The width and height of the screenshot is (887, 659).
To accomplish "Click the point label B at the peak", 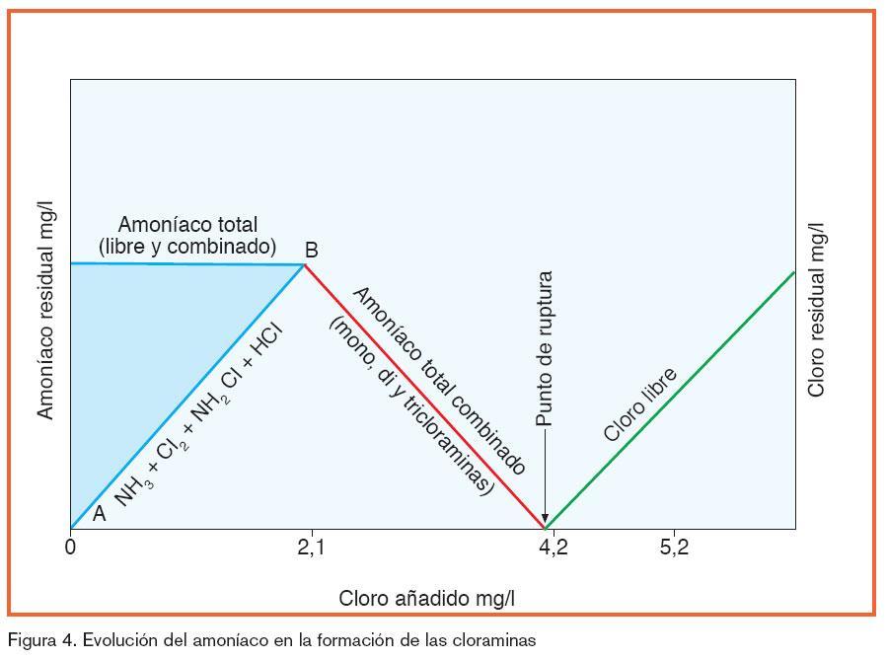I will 311,251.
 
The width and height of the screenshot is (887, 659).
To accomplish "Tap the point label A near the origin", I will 99,513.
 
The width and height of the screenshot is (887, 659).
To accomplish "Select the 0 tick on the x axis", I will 70,549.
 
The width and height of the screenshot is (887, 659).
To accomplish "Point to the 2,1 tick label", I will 312,549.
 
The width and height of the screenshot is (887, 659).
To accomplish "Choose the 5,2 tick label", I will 675,549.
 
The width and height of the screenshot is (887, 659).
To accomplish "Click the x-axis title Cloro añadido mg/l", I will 427,599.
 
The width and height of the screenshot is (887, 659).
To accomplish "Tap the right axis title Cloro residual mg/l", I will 816,310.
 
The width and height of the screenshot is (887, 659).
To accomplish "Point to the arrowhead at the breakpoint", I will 545,518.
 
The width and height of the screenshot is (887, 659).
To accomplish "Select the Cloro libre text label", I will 639,405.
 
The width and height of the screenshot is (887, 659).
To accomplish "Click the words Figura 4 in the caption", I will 40,640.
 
